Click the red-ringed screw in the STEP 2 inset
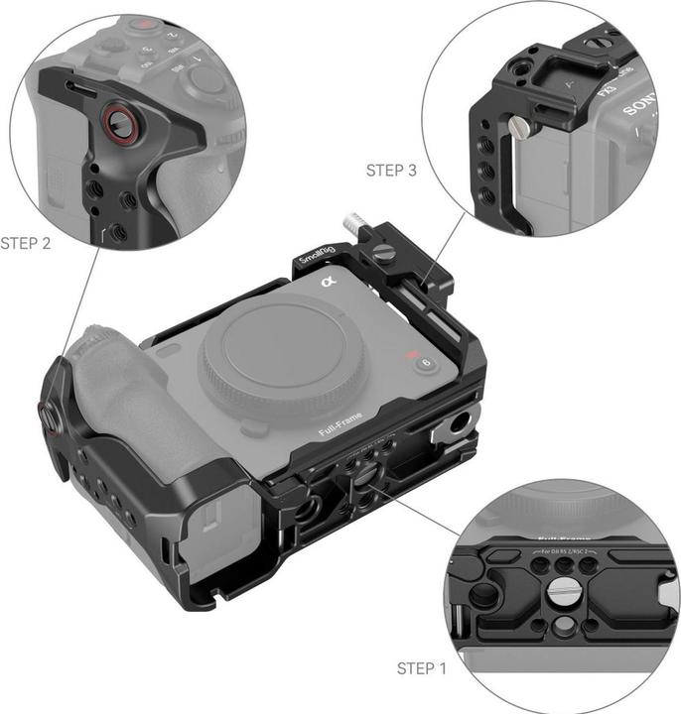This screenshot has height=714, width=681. [x=118, y=123]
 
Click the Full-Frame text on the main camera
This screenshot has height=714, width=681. [x=341, y=424]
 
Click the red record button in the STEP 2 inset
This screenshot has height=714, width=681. [x=147, y=22]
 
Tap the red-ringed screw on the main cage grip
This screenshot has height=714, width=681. [x=47, y=417]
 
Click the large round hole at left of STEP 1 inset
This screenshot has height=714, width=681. [x=483, y=596]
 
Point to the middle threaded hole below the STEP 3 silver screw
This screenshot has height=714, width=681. [x=485, y=170]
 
